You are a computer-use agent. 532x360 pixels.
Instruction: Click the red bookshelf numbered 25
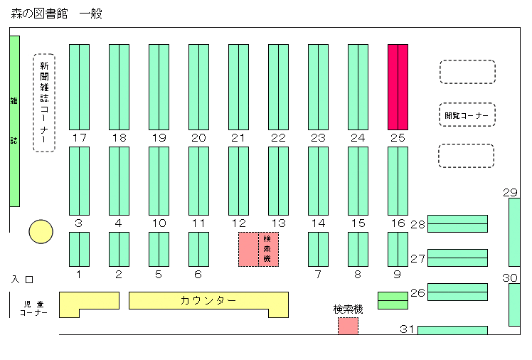click(x=398, y=87)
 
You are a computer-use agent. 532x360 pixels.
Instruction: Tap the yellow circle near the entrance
click(x=41, y=232)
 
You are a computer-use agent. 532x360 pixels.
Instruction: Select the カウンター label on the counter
click(x=208, y=301)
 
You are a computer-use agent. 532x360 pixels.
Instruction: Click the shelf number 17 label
click(x=80, y=138)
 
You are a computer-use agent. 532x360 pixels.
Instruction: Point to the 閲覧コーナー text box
click(x=467, y=115)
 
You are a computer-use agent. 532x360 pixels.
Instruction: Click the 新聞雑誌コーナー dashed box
click(x=44, y=102)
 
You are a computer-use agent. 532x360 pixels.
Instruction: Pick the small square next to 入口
click(x=30, y=280)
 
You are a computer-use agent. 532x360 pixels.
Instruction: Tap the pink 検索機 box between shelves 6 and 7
click(x=259, y=250)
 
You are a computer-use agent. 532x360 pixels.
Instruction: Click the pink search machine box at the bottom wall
click(x=348, y=326)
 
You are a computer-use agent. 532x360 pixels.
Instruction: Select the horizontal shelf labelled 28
click(x=457, y=223)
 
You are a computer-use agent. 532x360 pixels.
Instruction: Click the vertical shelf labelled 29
click(x=514, y=233)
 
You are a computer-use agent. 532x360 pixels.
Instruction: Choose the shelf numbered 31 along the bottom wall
click(x=452, y=330)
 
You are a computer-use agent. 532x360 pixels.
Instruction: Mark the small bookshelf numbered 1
click(x=80, y=250)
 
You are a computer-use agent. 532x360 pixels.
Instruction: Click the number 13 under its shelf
click(x=279, y=223)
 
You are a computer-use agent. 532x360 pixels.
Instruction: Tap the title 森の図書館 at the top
click(x=39, y=14)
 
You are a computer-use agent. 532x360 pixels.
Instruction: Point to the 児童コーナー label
click(x=33, y=308)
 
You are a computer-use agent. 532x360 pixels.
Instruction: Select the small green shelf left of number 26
click(x=393, y=301)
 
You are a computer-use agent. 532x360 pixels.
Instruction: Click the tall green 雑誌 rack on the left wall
click(x=15, y=121)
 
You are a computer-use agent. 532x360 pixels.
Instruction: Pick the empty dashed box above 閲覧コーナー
click(x=467, y=72)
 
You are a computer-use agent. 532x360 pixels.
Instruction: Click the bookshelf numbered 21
click(x=238, y=87)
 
